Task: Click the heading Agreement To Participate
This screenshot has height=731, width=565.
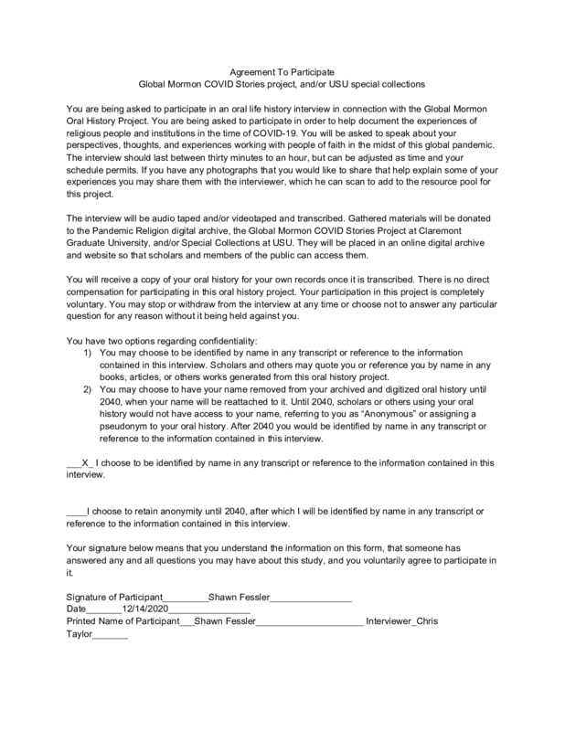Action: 282,69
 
